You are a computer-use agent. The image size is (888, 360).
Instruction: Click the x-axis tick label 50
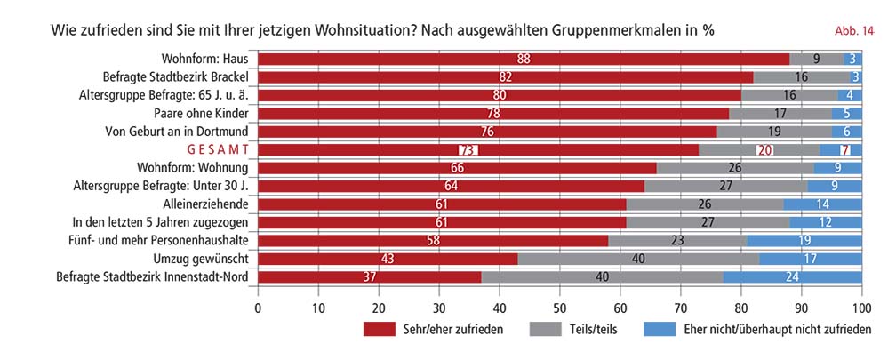click(x=560, y=308)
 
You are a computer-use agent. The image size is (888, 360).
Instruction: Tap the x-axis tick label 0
click(x=259, y=308)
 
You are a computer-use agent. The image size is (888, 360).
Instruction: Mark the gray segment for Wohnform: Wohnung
click(x=735, y=168)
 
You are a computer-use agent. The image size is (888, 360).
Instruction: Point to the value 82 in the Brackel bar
click(x=505, y=77)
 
